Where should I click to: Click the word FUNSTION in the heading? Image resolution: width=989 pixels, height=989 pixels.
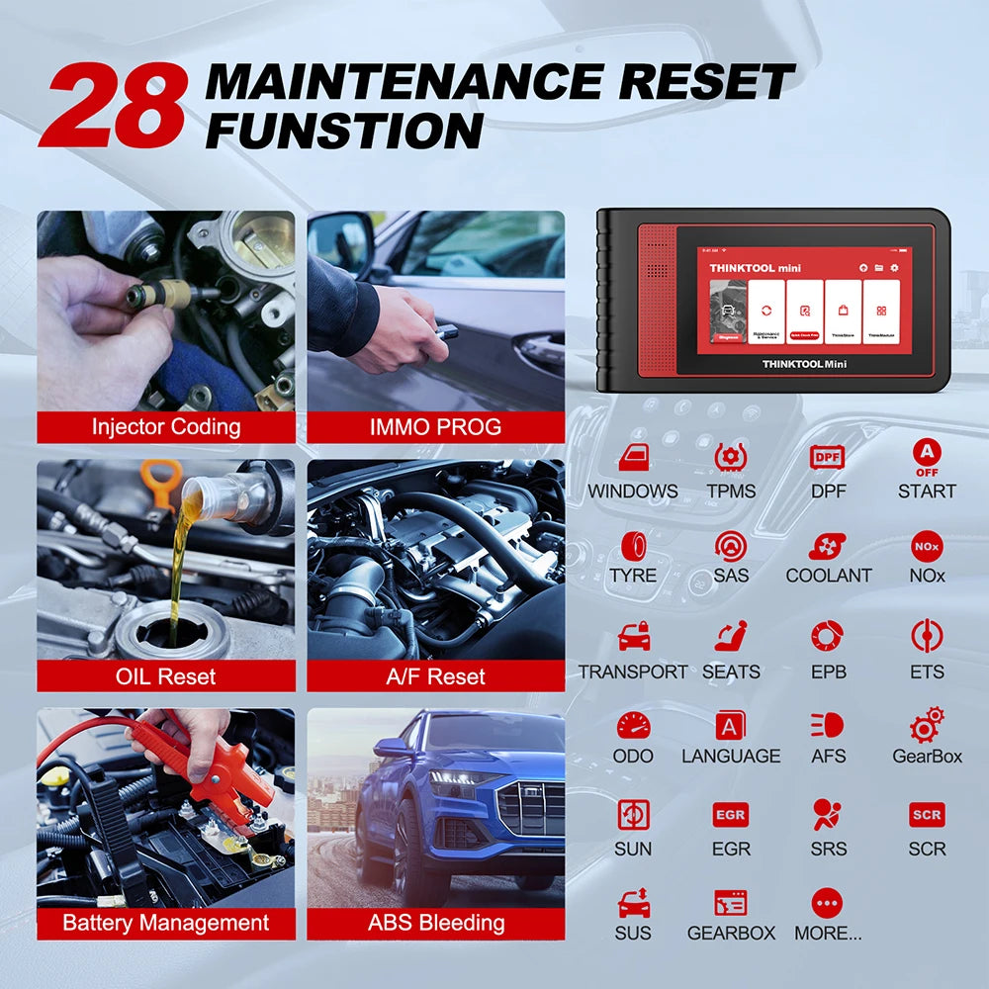pos(344,131)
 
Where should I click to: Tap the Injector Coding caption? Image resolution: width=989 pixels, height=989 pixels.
pos(166,427)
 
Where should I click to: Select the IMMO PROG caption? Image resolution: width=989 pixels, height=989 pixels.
pos(435,427)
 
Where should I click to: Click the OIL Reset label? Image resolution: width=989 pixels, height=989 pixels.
pos(166,676)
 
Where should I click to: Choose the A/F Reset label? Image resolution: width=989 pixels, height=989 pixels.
pos(435,676)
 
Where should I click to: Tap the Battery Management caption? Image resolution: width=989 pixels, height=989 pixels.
pos(166,923)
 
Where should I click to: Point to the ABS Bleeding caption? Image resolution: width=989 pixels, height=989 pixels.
pos(435,923)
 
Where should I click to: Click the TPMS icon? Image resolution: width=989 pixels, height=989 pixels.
pos(731,457)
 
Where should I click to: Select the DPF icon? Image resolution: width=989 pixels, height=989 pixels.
pos(828,457)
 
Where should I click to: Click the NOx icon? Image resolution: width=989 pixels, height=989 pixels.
pos(927,546)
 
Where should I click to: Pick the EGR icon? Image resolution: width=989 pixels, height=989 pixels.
pos(731,815)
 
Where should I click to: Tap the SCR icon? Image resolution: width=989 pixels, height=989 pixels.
pos(927,815)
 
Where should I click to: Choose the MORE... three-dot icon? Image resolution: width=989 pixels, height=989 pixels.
pos(827,902)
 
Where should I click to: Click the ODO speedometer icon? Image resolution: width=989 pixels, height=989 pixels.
pos(633,726)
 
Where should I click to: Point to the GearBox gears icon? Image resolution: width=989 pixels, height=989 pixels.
pos(927,725)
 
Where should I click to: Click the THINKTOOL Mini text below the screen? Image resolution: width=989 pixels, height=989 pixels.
pos(804,364)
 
